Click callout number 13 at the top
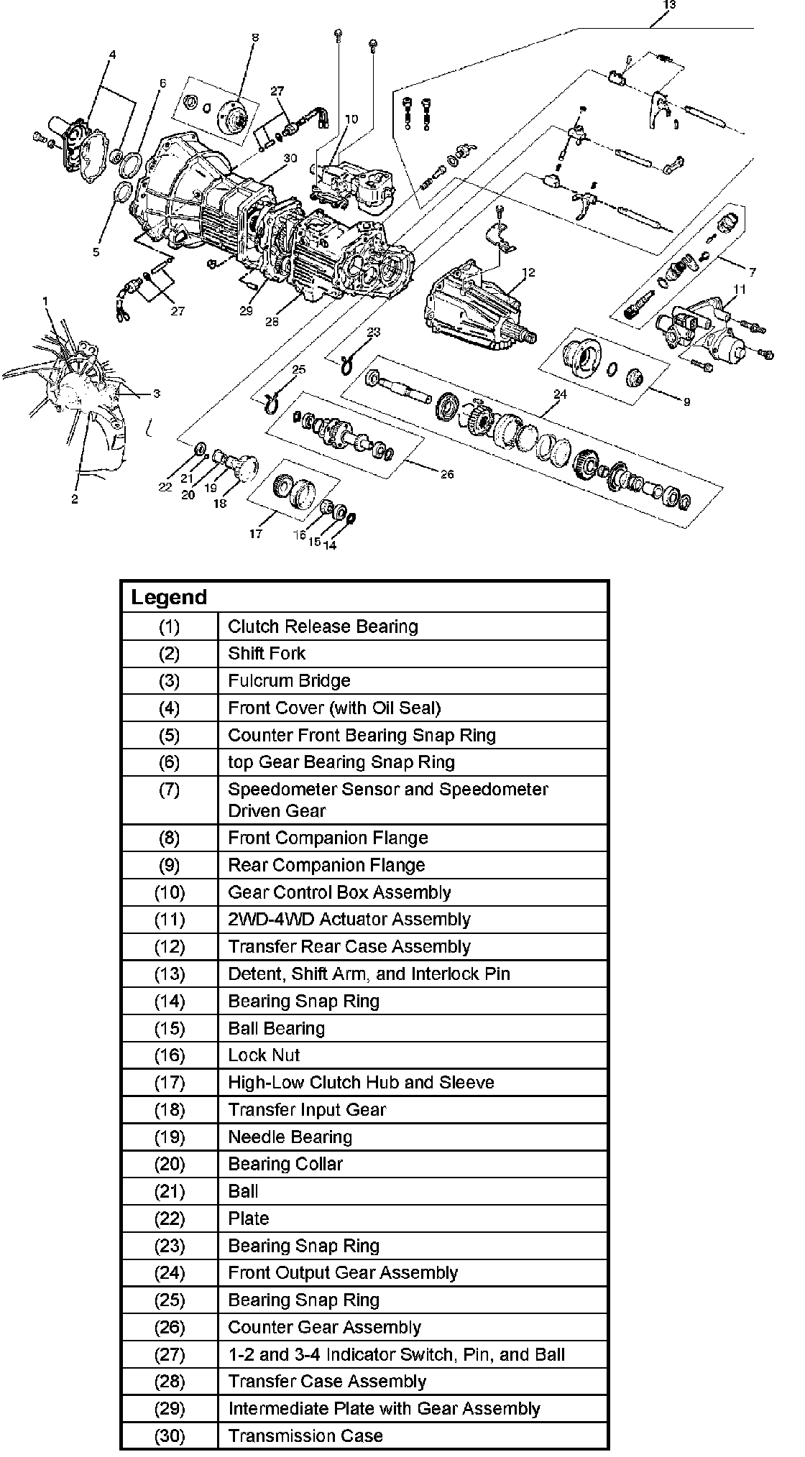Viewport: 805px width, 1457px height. click(x=669, y=5)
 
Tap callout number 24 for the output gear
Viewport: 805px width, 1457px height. click(x=560, y=394)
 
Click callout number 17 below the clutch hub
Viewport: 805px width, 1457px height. click(x=256, y=534)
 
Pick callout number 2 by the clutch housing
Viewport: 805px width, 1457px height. click(x=75, y=500)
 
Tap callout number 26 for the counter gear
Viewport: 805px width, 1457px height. click(x=446, y=474)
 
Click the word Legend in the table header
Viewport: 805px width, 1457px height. click(x=168, y=598)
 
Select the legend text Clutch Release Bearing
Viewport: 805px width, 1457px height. click(x=323, y=626)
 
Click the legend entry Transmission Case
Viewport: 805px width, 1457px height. click(x=305, y=1435)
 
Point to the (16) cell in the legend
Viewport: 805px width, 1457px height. click(x=170, y=1055)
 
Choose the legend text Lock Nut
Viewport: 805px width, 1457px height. click(x=264, y=1055)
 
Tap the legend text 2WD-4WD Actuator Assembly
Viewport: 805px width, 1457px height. click(x=349, y=920)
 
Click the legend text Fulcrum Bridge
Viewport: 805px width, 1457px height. click(x=289, y=680)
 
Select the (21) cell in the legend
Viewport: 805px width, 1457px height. click(x=170, y=1191)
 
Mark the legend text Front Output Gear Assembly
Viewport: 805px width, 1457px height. click(x=343, y=1273)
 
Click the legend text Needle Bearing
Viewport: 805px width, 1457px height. click(x=290, y=1137)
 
